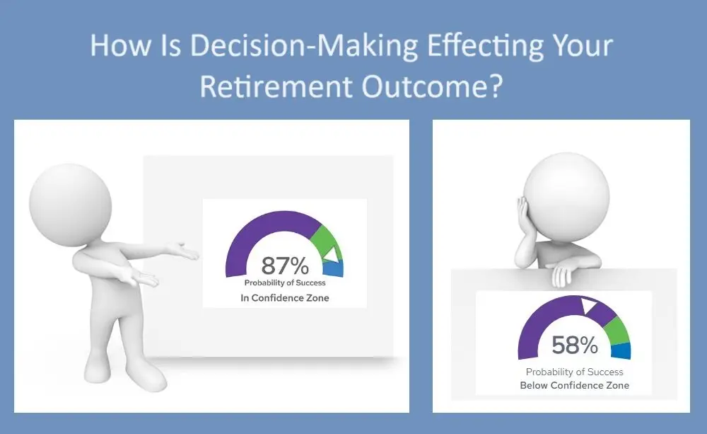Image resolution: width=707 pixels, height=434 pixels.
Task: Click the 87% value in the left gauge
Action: click(285, 265)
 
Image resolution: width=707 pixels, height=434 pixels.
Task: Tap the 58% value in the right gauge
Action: click(575, 345)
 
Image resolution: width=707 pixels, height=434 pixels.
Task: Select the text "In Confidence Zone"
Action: click(284, 298)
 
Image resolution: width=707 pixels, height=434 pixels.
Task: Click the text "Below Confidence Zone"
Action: click(574, 385)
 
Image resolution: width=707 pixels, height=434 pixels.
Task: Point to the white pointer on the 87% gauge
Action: click(330, 254)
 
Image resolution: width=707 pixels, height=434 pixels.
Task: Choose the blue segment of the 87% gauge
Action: click(334, 268)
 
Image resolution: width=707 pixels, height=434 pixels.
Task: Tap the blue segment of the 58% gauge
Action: click(621, 351)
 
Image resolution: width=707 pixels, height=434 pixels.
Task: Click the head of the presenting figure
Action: click(70, 205)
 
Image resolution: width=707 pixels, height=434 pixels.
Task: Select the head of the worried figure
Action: click(566, 196)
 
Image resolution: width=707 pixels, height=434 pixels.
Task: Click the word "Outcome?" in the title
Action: click(432, 86)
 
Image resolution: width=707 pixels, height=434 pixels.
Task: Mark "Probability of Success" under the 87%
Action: click(285, 282)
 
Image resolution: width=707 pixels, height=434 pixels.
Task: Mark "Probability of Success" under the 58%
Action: click(574, 372)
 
